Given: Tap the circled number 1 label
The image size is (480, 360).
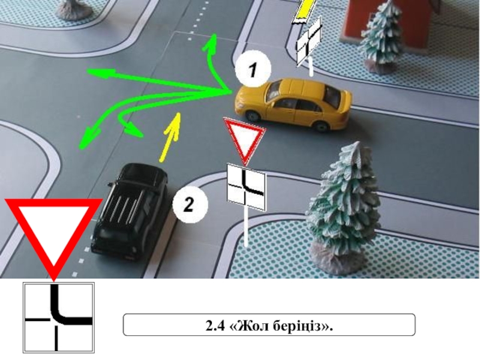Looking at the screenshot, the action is coord(253,69).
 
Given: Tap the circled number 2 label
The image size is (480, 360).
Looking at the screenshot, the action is coord(190,204).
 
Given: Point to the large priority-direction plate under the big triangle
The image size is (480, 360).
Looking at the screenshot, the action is coord(59,317).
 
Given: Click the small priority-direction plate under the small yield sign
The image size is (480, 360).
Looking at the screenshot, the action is coord(246,187).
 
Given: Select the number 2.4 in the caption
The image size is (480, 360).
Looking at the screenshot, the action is coord(215,326).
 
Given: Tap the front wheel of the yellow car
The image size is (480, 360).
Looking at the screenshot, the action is coord(253,115).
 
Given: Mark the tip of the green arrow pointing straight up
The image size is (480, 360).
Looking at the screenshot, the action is coord(214,35).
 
